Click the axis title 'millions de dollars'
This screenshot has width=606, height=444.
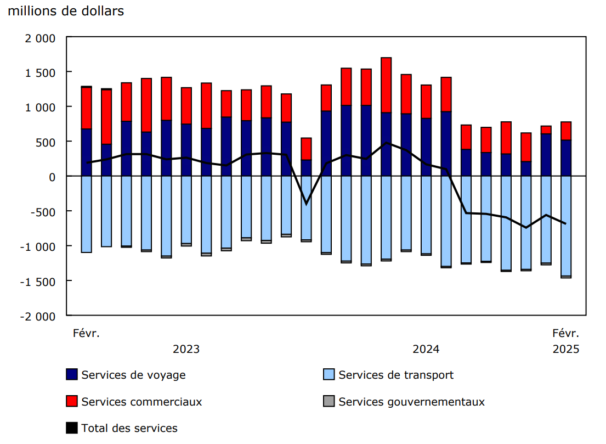point(66,11)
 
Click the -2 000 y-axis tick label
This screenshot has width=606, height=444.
point(38,317)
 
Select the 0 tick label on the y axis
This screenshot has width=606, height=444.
point(52,177)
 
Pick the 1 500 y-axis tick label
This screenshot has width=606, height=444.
point(41,72)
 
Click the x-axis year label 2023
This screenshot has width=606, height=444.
point(186,349)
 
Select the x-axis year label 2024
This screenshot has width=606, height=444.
point(426,349)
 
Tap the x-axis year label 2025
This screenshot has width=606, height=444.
point(566,349)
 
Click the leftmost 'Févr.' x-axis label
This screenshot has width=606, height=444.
point(87,333)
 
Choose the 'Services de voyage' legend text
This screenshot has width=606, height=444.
point(133,375)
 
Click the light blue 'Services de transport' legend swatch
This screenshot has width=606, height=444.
point(329,375)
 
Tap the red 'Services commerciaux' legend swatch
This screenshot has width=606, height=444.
point(72,402)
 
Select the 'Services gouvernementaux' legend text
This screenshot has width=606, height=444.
point(411,402)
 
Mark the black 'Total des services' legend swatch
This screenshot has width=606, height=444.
point(72,428)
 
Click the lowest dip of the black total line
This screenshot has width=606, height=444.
point(306,204)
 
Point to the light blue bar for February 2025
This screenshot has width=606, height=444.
point(566,226)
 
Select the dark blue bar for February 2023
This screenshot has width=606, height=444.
point(87,152)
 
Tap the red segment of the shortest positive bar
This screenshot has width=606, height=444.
point(306,149)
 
